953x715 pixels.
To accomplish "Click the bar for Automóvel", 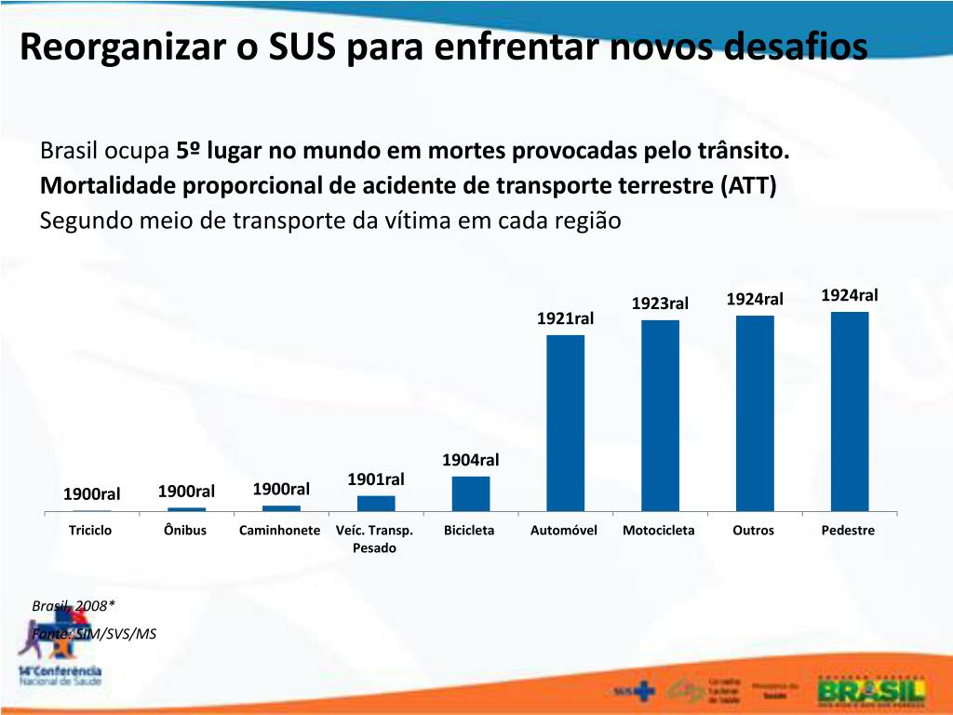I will pyautogui.click(x=565, y=423).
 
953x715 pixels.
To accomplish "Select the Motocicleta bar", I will pyautogui.click(x=660, y=415).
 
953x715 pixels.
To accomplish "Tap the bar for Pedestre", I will pyautogui.click(x=850, y=411).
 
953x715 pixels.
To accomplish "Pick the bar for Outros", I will pyautogui.click(x=755, y=413).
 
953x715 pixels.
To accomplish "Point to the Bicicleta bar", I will pyautogui.click(x=471, y=493).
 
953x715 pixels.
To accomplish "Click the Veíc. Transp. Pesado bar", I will pyautogui.click(x=376, y=503).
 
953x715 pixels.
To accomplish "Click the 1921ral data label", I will pyautogui.click(x=565, y=319).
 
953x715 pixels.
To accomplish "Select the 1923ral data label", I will pyautogui.click(x=660, y=304).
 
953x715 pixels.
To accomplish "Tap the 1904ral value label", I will pyautogui.click(x=470, y=460).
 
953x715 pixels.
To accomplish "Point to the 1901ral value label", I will pyautogui.click(x=376, y=479).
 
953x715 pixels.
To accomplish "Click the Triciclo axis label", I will pyautogui.click(x=90, y=531).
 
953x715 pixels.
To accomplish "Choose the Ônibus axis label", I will pyautogui.click(x=185, y=531).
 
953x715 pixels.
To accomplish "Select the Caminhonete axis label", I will pyautogui.click(x=279, y=531).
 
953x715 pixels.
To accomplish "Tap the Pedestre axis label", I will pyautogui.click(x=848, y=531).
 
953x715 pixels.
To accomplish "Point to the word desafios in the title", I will pyautogui.click(x=795, y=47).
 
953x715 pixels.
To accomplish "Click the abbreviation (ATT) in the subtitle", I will pyautogui.click(x=748, y=185).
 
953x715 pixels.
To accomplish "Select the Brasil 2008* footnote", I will pyautogui.click(x=74, y=606).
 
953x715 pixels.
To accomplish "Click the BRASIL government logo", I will pyautogui.click(x=871, y=690).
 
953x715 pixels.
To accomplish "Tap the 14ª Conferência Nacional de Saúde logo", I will pyautogui.click(x=60, y=673).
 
